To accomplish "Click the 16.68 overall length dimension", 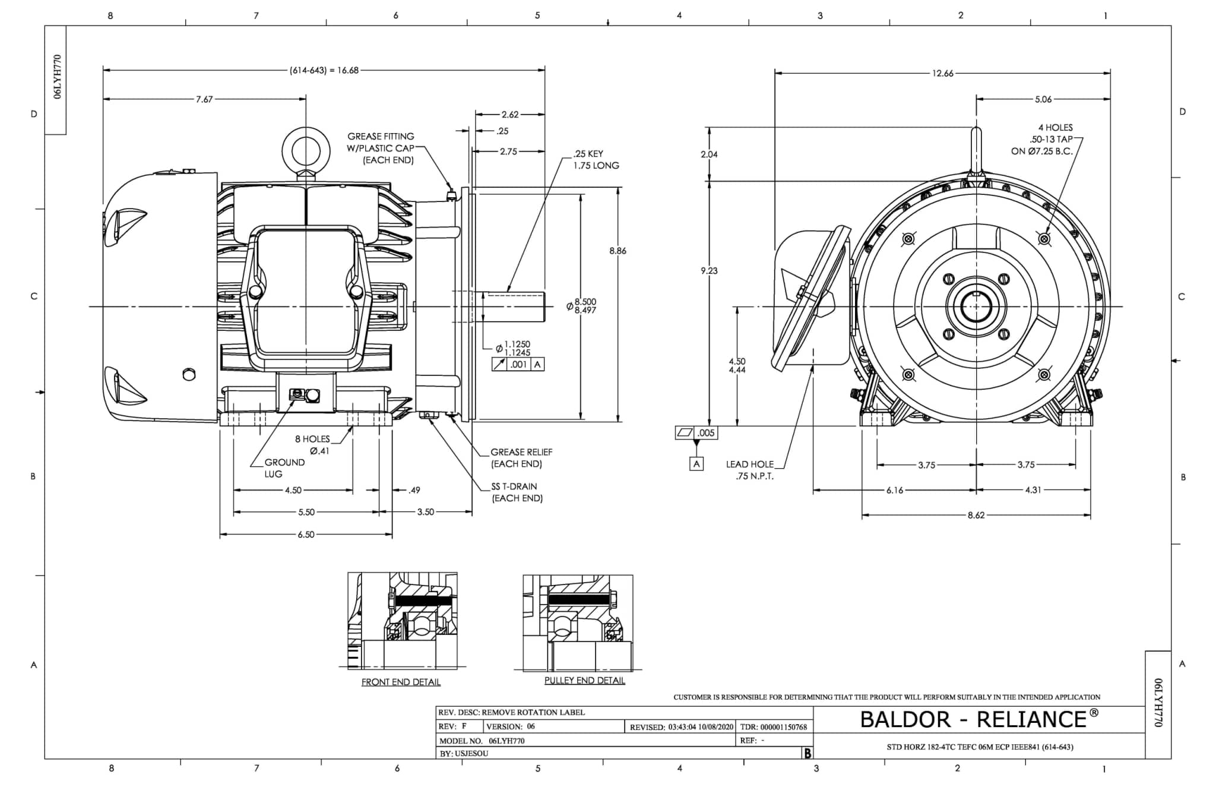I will tap(324, 70).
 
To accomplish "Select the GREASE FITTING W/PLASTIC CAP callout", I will tap(381, 148).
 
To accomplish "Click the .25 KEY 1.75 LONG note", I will tap(596, 159).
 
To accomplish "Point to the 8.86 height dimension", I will tap(617, 251).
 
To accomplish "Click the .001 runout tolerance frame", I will tap(518, 364).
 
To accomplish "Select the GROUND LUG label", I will tap(284, 468).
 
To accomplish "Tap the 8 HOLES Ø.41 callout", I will tap(313, 444).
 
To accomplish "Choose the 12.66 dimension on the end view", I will tap(942, 74).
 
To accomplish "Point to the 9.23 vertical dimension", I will tap(709, 270).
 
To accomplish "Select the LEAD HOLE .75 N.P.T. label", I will tap(750, 470).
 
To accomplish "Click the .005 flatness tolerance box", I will tap(696, 433).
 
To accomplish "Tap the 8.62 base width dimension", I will tap(976, 515).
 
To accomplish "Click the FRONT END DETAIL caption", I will tap(401, 682).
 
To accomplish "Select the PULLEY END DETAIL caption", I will tap(584, 680).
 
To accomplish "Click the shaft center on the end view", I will tap(976, 306).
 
